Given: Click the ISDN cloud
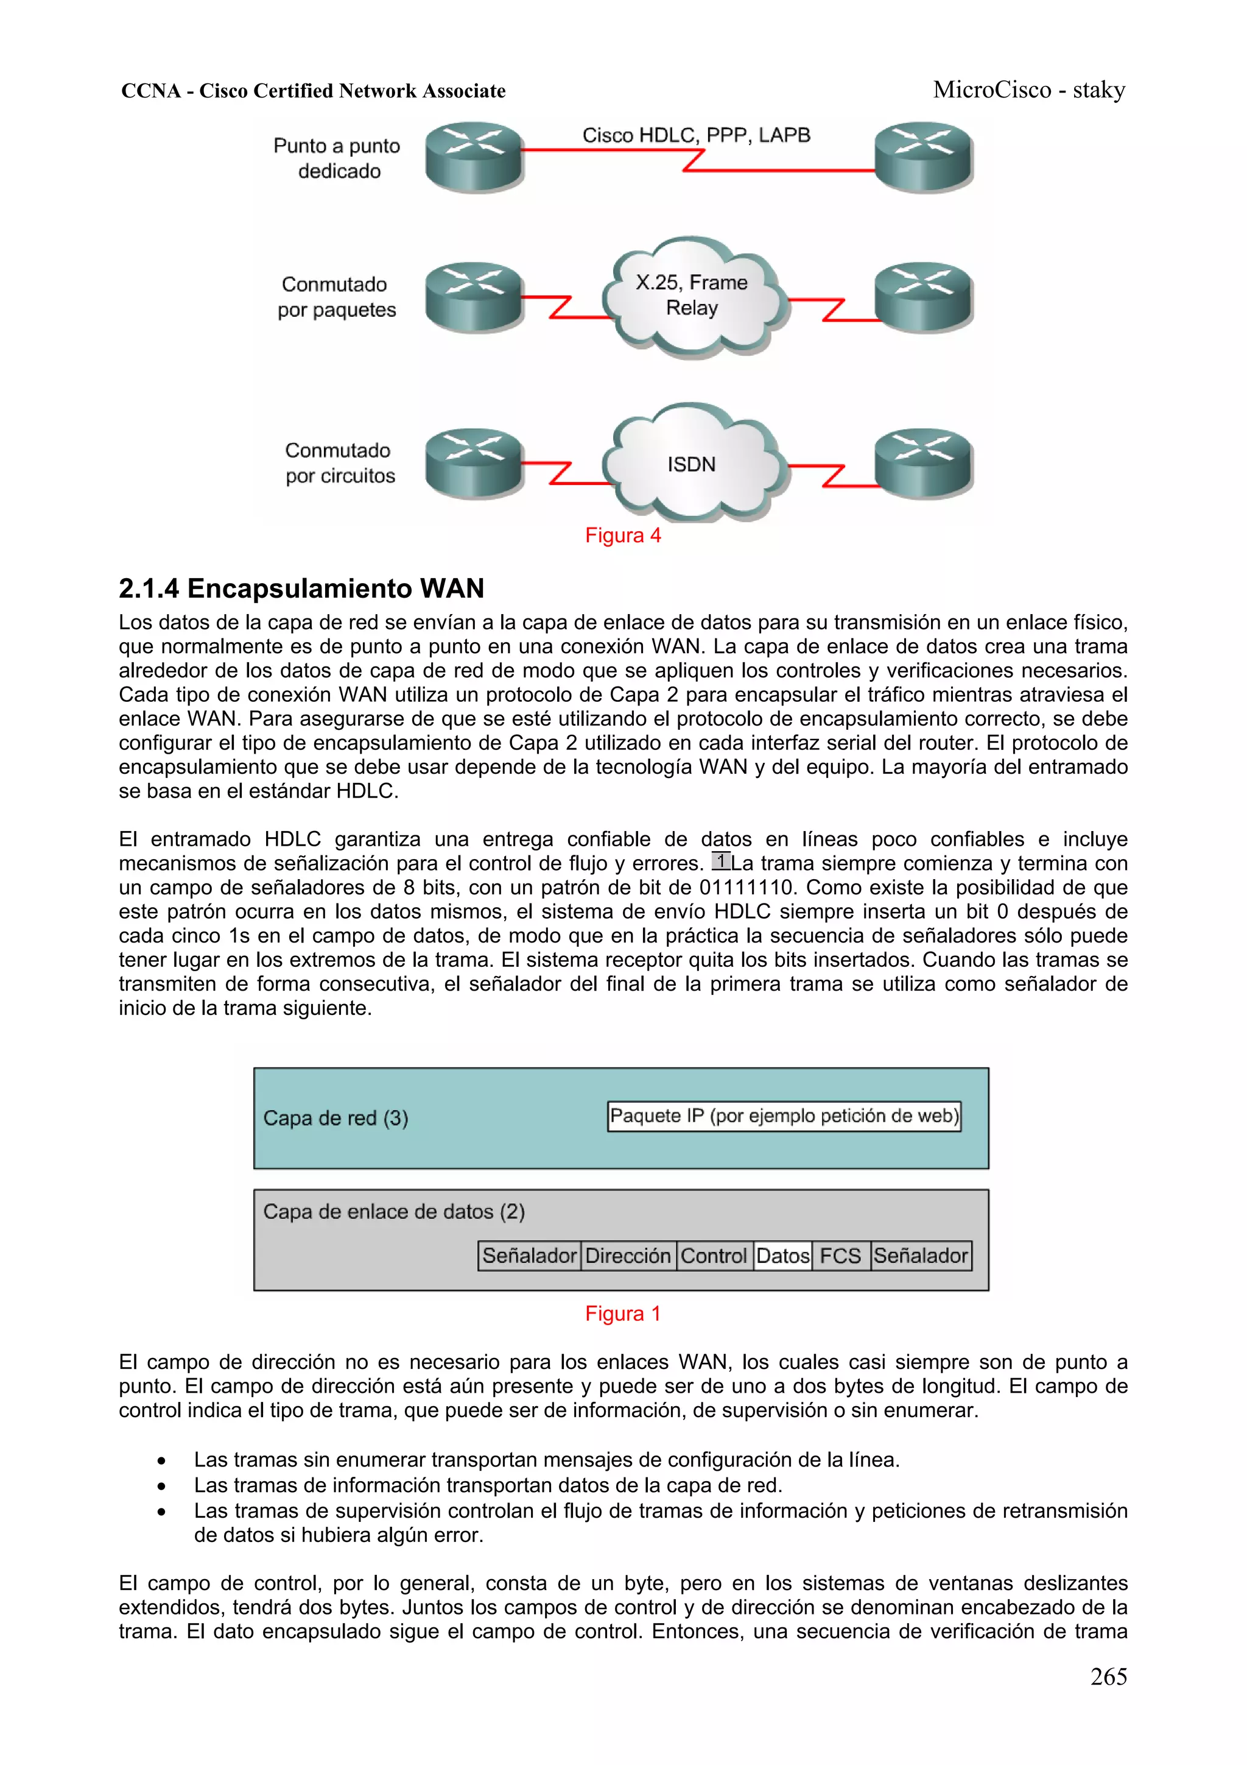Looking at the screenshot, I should (x=692, y=464).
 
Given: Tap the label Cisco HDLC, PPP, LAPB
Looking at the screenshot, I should (x=696, y=135).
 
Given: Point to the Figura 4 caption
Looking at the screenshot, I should (x=622, y=535).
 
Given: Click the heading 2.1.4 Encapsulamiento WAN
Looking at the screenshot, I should (x=301, y=588).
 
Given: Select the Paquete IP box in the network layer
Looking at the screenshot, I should (x=784, y=1116).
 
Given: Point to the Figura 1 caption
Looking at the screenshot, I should (x=622, y=1313).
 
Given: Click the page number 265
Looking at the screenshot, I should (x=1108, y=1677).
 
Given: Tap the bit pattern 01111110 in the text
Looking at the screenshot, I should (x=745, y=887).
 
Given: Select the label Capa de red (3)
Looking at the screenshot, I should (x=335, y=1118).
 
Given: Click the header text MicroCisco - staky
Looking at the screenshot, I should (x=1029, y=90).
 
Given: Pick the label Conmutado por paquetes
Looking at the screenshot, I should (x=337, y=297).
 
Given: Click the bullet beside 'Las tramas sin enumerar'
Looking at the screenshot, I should (x=161, y=1460).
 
